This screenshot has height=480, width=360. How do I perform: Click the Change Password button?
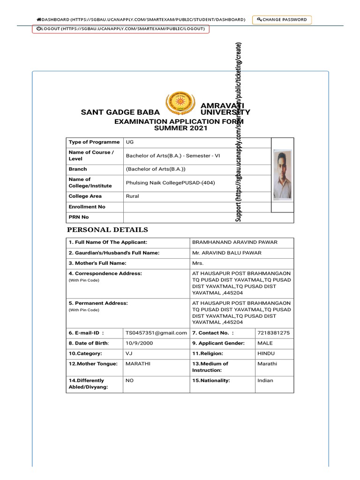pos(282,20)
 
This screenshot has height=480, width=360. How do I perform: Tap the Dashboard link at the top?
pos(141,20)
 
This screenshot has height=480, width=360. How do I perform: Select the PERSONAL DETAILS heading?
pos(107,230)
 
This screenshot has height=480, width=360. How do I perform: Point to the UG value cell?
pos(129,142)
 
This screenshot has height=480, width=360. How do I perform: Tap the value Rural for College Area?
pos(132,196)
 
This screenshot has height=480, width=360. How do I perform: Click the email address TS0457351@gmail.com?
pos(156,333)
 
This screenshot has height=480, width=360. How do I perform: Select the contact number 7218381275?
pos(273,333)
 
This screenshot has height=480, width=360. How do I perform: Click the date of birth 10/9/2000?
pos(139,343)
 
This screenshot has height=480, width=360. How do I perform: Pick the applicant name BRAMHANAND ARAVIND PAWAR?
pos(235,242)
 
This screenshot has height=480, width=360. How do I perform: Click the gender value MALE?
pos(265,343)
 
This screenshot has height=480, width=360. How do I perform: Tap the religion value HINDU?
pos(266,353)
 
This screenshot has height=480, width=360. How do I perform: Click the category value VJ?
pos(129,353)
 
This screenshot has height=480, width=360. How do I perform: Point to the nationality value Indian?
pos(265,381)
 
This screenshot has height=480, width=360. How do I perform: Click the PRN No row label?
pos(79,217)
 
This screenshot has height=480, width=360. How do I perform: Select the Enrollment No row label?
pos(87,207)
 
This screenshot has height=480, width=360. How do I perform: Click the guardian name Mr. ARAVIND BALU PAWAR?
pos(227,253)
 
